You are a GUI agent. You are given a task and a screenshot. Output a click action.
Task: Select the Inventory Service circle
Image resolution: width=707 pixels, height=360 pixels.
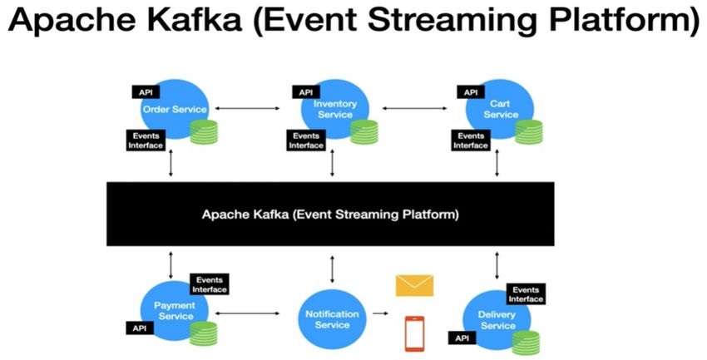click(x=334, y=109)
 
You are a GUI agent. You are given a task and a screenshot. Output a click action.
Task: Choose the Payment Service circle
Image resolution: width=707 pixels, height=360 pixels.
click(x=174, y=310)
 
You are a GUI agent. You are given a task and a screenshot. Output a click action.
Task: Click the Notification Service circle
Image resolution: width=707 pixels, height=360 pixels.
click(x=332, y=318)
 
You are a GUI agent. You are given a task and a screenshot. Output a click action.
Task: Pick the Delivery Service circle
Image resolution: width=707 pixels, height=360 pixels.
click(x=497, y=319)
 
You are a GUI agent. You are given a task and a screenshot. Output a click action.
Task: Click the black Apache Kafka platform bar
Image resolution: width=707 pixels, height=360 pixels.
click(x=331, y=214)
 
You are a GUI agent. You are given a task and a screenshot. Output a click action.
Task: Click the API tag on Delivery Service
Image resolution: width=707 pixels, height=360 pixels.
click(x=461, y=338)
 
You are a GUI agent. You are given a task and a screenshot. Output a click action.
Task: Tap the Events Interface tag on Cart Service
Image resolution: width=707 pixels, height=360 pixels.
click(x=471, y=141)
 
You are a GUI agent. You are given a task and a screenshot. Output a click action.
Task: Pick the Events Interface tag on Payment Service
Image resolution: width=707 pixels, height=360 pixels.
click(x=209, y=284)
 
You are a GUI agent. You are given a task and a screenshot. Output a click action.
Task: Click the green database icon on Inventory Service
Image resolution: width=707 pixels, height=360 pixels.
click(x=363, y=131)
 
